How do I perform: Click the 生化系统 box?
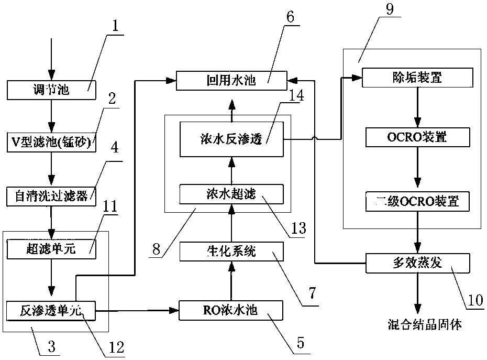pyautogui.click(x=231, y=252)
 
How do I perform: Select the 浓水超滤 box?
pyautogui.click(x=231, y=194)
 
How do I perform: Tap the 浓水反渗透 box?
pyautogui.click(x=231, y=139)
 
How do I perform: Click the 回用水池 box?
pyautogui.click(x=231, y=80)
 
